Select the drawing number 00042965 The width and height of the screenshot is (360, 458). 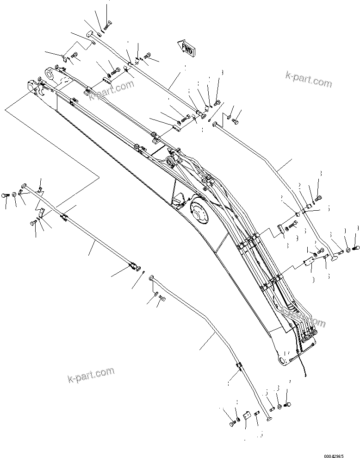pos(341,452)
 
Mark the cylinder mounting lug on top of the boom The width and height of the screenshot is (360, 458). pos(172,161)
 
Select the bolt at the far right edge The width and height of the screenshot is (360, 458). pos(356,249)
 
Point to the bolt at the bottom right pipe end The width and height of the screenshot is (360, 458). pos(287,406)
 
